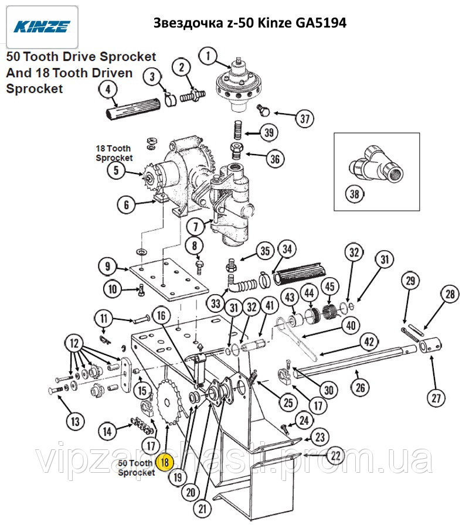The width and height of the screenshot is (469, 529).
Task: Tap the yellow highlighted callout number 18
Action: (x=165, y=462)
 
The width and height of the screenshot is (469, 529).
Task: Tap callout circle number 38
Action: (x=353, y=194)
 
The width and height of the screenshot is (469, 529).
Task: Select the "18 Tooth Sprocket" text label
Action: (x=114, y=153)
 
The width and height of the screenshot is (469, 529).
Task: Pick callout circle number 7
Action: (x=195, y=225)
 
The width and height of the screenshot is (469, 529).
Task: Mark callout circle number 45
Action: (x=330, y=286)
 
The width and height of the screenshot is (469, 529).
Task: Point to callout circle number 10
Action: (x=113, y=288)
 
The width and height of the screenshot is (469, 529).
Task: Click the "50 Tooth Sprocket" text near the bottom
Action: (x=136, y=467)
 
